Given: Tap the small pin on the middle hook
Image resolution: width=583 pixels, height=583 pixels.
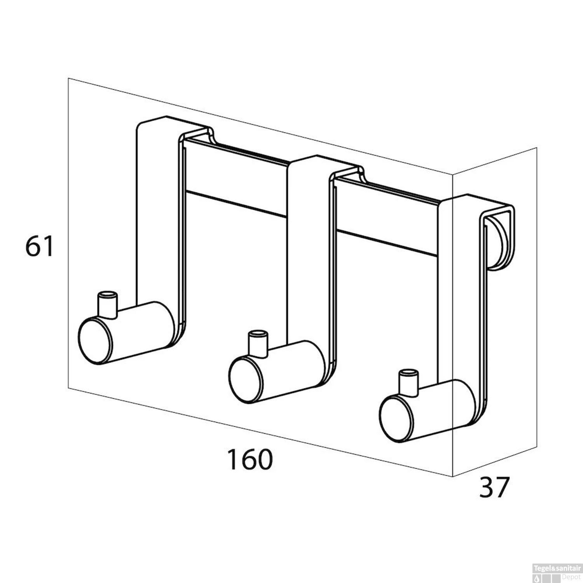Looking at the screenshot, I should pos(258,342).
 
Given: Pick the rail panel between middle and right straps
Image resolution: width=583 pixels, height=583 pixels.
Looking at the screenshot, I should pos(387,214).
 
